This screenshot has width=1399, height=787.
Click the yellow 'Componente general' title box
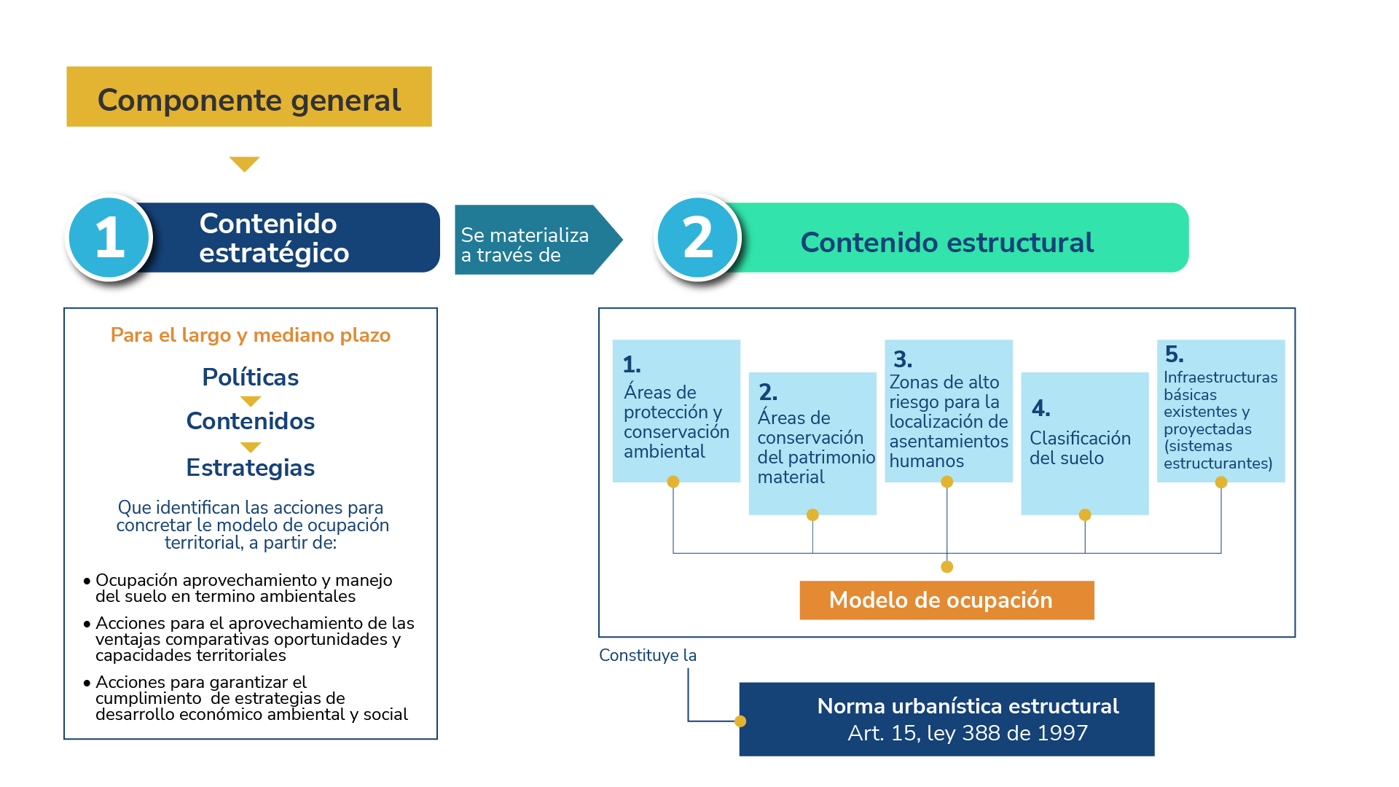click(x=248, y=97)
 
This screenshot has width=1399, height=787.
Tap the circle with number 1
click(x=110, y=238)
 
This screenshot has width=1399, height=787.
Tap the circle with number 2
click(x=697, y=238)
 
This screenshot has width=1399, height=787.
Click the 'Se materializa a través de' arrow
click(x=532, y=240)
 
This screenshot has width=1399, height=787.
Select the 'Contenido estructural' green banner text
click(x=947, y=243)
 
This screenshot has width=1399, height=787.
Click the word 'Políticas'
click(x=250, y=377)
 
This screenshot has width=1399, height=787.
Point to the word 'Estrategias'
click(x=250, y=468)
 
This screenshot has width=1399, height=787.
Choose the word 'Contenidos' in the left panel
click(x=250, y=421)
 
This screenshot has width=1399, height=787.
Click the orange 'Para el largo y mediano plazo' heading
click(x=250, y=335)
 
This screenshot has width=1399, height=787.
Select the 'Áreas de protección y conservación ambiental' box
click(x=675, y=410)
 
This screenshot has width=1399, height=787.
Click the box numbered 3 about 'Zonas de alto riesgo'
click(x=948, y=410)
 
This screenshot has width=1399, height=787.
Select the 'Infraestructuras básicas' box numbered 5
click(x=1220, y=410)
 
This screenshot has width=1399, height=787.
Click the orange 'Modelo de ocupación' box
click(x=946, y=600)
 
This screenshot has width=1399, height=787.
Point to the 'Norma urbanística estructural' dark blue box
click(x=946, y=719)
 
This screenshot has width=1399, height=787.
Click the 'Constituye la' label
click(x=647, y=655)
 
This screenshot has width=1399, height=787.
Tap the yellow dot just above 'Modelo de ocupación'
click(x=947, y=567)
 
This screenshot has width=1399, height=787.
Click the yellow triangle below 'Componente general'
click(x=244, y=164)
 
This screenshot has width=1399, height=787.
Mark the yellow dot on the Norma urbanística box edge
click(x=740, y=721)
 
